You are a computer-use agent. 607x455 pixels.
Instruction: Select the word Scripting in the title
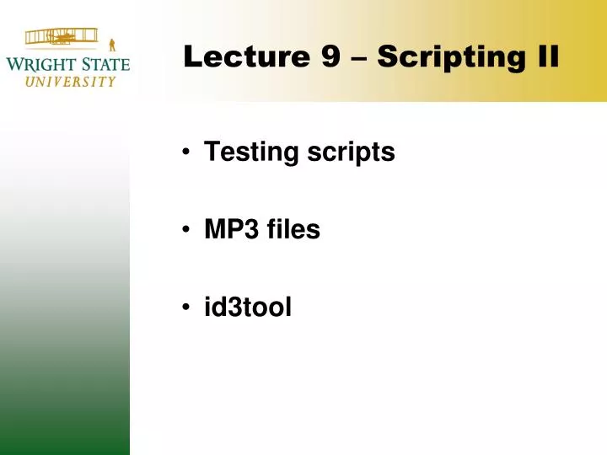coord(445,57)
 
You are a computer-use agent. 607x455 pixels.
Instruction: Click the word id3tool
coord(248,308)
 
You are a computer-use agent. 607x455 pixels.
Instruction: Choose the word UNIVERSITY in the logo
coord(70,82)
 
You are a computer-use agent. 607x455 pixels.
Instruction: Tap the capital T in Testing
coord(210,153)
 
